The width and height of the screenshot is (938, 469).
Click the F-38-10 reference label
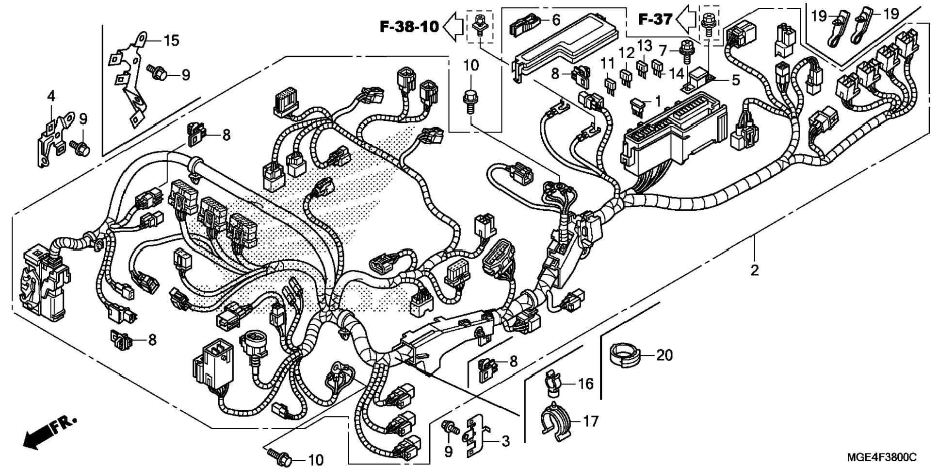409,27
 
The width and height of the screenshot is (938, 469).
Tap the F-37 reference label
655,19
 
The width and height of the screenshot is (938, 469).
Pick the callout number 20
664,355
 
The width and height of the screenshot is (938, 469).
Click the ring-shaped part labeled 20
625,355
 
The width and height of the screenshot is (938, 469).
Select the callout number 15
171,40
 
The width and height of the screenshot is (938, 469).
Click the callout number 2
755,270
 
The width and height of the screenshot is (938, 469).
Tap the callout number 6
556,20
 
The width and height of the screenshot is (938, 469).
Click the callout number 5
736,80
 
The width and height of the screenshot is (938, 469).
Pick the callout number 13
645,46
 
